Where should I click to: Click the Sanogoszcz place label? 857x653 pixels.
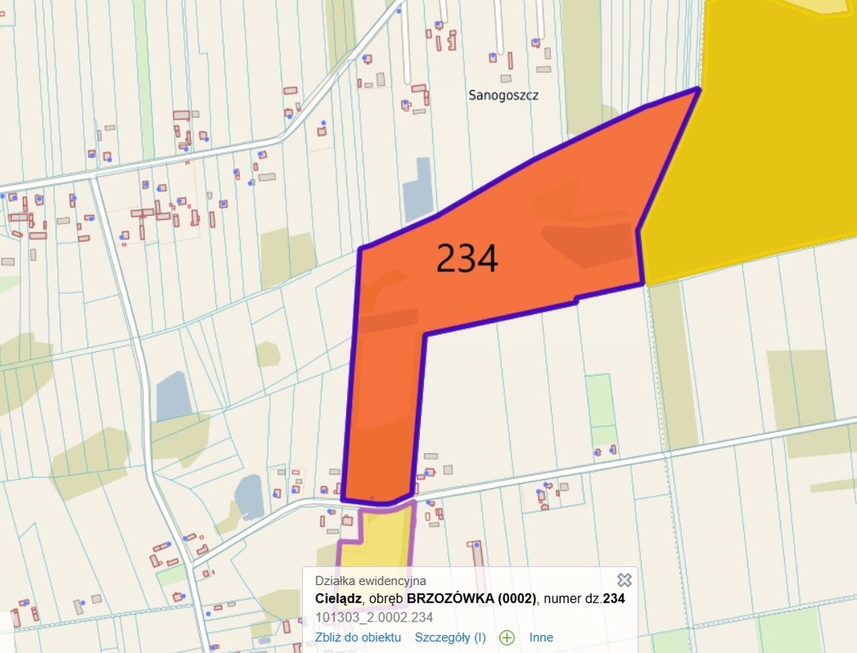pos(503,95)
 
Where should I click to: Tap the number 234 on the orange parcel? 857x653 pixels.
pos(467,258)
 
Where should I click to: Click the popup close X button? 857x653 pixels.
pos(624,580)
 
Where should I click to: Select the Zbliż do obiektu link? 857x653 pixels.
pos(357,637)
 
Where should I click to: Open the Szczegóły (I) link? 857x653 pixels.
pos(450,637)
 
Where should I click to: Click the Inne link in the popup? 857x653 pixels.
pos(541,637)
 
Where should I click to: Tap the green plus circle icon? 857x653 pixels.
pos(507,637)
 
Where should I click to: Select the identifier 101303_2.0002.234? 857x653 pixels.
pos(374,616)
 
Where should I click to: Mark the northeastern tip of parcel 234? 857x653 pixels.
pos(698,88)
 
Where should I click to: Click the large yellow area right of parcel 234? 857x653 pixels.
pos(765,145)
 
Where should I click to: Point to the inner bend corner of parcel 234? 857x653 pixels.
pos(424,333)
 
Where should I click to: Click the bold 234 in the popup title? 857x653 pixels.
pos(614,599)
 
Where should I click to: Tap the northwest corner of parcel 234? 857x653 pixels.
pos(360,249)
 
